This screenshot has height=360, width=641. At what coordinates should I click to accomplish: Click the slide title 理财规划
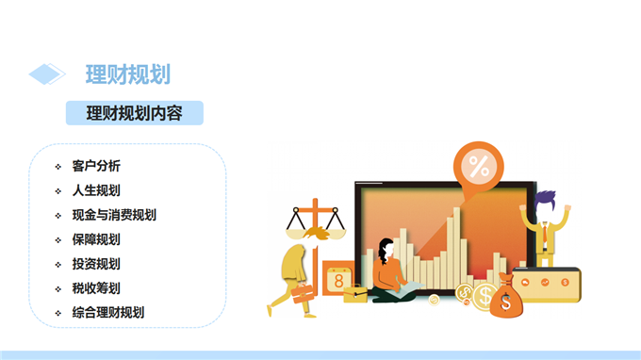128,74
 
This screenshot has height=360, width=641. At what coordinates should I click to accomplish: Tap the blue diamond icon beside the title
46,74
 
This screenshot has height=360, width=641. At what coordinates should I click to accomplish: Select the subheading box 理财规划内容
135,113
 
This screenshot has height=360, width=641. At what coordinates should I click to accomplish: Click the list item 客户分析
96,166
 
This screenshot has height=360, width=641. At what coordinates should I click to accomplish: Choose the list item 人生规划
96,190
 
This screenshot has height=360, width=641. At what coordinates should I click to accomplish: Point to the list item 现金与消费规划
114,215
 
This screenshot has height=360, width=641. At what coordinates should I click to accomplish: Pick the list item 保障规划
96,239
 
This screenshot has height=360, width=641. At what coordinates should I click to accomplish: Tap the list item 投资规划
96,264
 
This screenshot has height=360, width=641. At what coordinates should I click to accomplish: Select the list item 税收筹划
96,288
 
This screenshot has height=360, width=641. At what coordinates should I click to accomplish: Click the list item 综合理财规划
108,313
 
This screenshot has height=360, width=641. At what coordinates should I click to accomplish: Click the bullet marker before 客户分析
58,166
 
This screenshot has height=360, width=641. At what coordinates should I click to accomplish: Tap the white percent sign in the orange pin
479,166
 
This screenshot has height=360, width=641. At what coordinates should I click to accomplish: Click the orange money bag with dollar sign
506,297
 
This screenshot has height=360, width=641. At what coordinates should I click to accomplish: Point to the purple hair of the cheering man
546,199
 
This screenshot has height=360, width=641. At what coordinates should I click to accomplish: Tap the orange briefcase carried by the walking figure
302,294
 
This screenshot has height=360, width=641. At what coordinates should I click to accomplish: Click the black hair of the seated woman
385,250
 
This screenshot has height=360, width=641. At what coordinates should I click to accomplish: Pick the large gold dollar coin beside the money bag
485,296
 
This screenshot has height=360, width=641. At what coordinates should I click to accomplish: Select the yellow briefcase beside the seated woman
355,294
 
